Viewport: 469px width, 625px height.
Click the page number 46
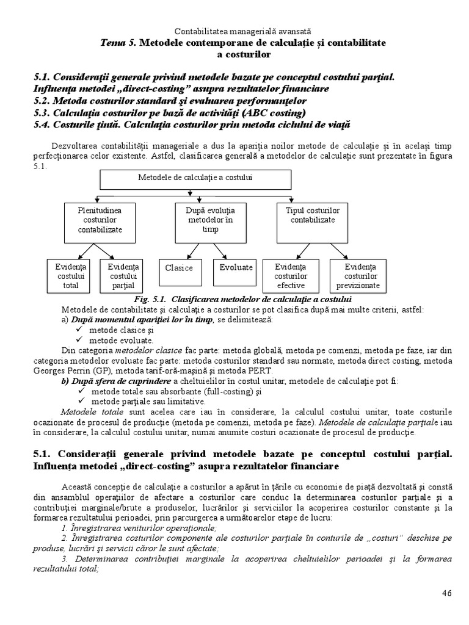click(448, 593)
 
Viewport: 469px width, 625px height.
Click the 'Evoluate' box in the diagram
click(236, 268)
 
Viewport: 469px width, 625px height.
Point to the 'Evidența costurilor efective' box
click(291, 276)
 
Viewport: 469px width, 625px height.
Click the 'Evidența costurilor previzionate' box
click(357, 276)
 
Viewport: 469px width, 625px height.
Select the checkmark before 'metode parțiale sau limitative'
click(79, 402)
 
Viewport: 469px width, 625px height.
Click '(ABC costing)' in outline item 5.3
click(274, 113)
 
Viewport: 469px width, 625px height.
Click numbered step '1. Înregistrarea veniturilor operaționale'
click(139, 527)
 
